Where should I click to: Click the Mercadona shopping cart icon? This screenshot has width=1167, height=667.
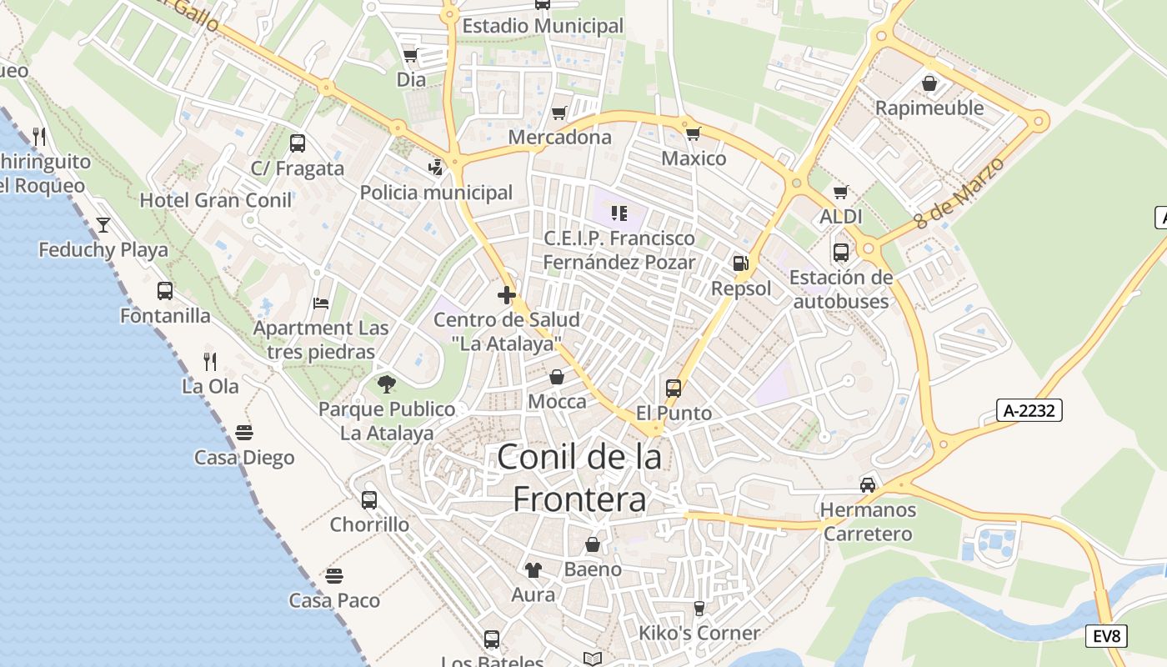[x=559, y=113]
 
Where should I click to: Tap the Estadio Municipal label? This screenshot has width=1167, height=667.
[x=543, y=26]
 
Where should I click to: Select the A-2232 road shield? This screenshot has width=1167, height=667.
[x=1029, y=410]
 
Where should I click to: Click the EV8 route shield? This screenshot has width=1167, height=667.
[x=1108, y=637]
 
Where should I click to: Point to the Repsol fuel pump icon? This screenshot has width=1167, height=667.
[x=739, y=263]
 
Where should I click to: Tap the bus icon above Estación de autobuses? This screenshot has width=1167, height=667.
[x=840, y=252]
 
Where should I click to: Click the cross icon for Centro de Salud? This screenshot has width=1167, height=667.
[x=506, y=294]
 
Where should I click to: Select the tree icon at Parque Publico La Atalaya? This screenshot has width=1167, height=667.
[x=386, y=384]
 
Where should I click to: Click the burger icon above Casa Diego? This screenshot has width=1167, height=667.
[x=244, y=433]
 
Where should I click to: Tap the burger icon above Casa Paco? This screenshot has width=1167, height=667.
[x=334, y=576]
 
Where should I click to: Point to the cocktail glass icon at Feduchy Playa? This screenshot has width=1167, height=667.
[x=103, y=224]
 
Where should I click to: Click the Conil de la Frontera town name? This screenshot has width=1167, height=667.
[x=580, y=478]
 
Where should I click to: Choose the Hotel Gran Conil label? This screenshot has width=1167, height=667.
[x=216, y=200]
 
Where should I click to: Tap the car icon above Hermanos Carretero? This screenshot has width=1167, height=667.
[x=868, y=485]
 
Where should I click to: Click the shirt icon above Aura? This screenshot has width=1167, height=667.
[x=533, y=570]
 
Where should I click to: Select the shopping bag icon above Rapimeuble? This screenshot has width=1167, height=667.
[x=929, y=83]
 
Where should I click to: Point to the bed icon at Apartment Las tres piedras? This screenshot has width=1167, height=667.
[x=321, y=303]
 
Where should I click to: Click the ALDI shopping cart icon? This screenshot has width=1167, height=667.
[x=840, y=193]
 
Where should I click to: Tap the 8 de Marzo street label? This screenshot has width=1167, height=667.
[x=959, y=193]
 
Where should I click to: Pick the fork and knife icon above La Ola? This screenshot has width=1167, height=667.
[x=210, y=362]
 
